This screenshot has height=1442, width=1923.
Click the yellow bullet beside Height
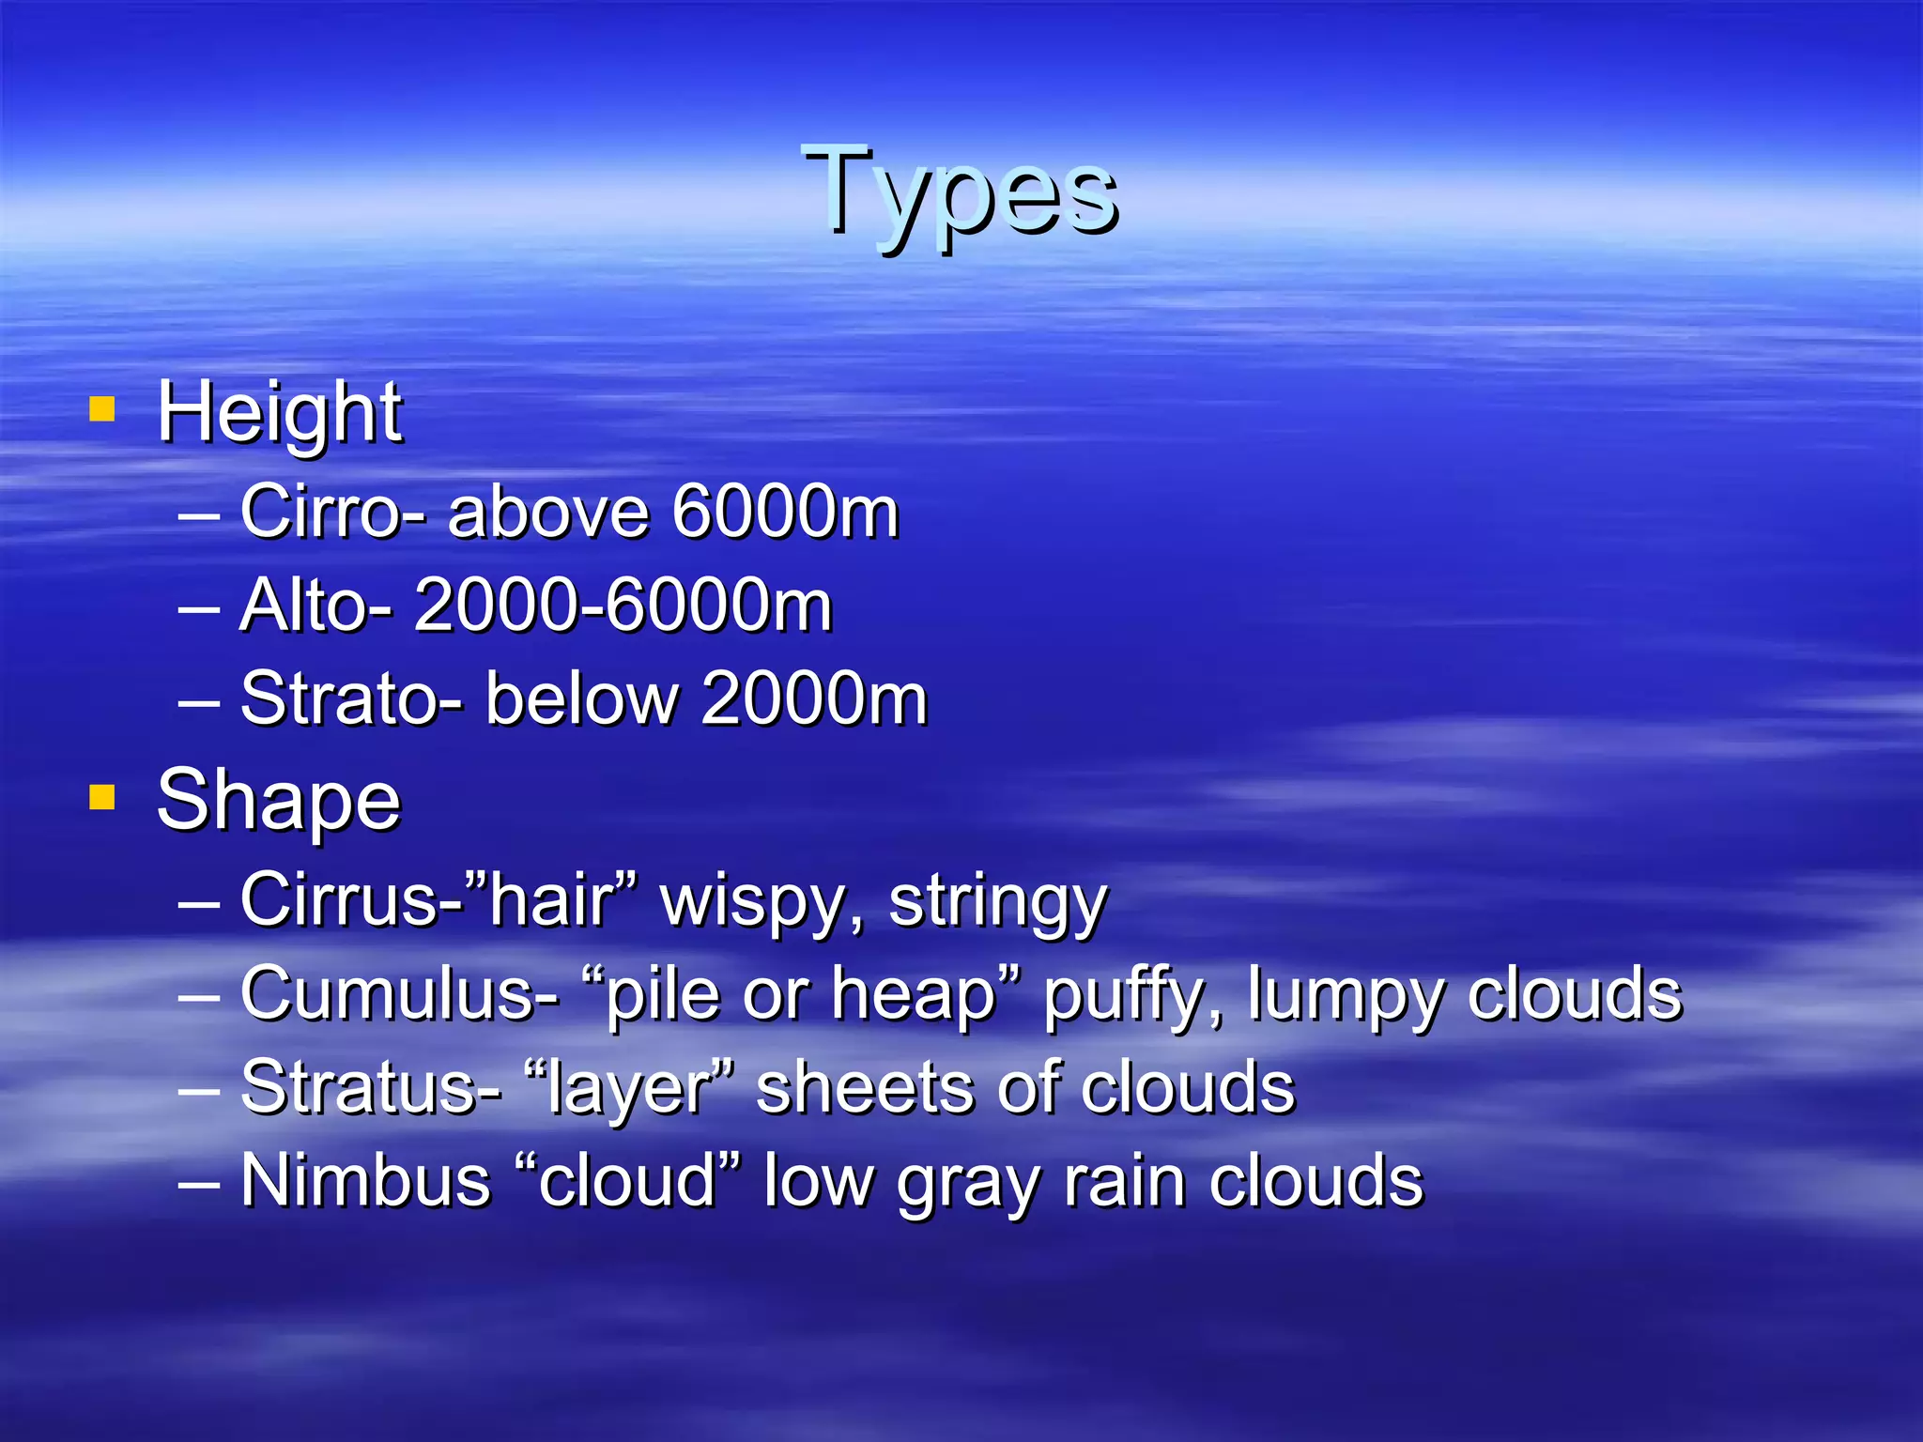[101, 409]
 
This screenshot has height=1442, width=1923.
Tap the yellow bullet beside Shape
[101, 797]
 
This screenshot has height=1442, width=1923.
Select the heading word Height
[279, 413]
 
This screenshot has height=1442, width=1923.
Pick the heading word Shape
[278, 801]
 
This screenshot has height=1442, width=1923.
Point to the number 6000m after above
[786, 512]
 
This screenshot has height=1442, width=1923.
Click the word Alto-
[315, 606]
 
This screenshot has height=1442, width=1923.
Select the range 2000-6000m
[623, 606]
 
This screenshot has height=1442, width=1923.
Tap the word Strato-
[351, 699]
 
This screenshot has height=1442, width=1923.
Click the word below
[581, 699]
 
